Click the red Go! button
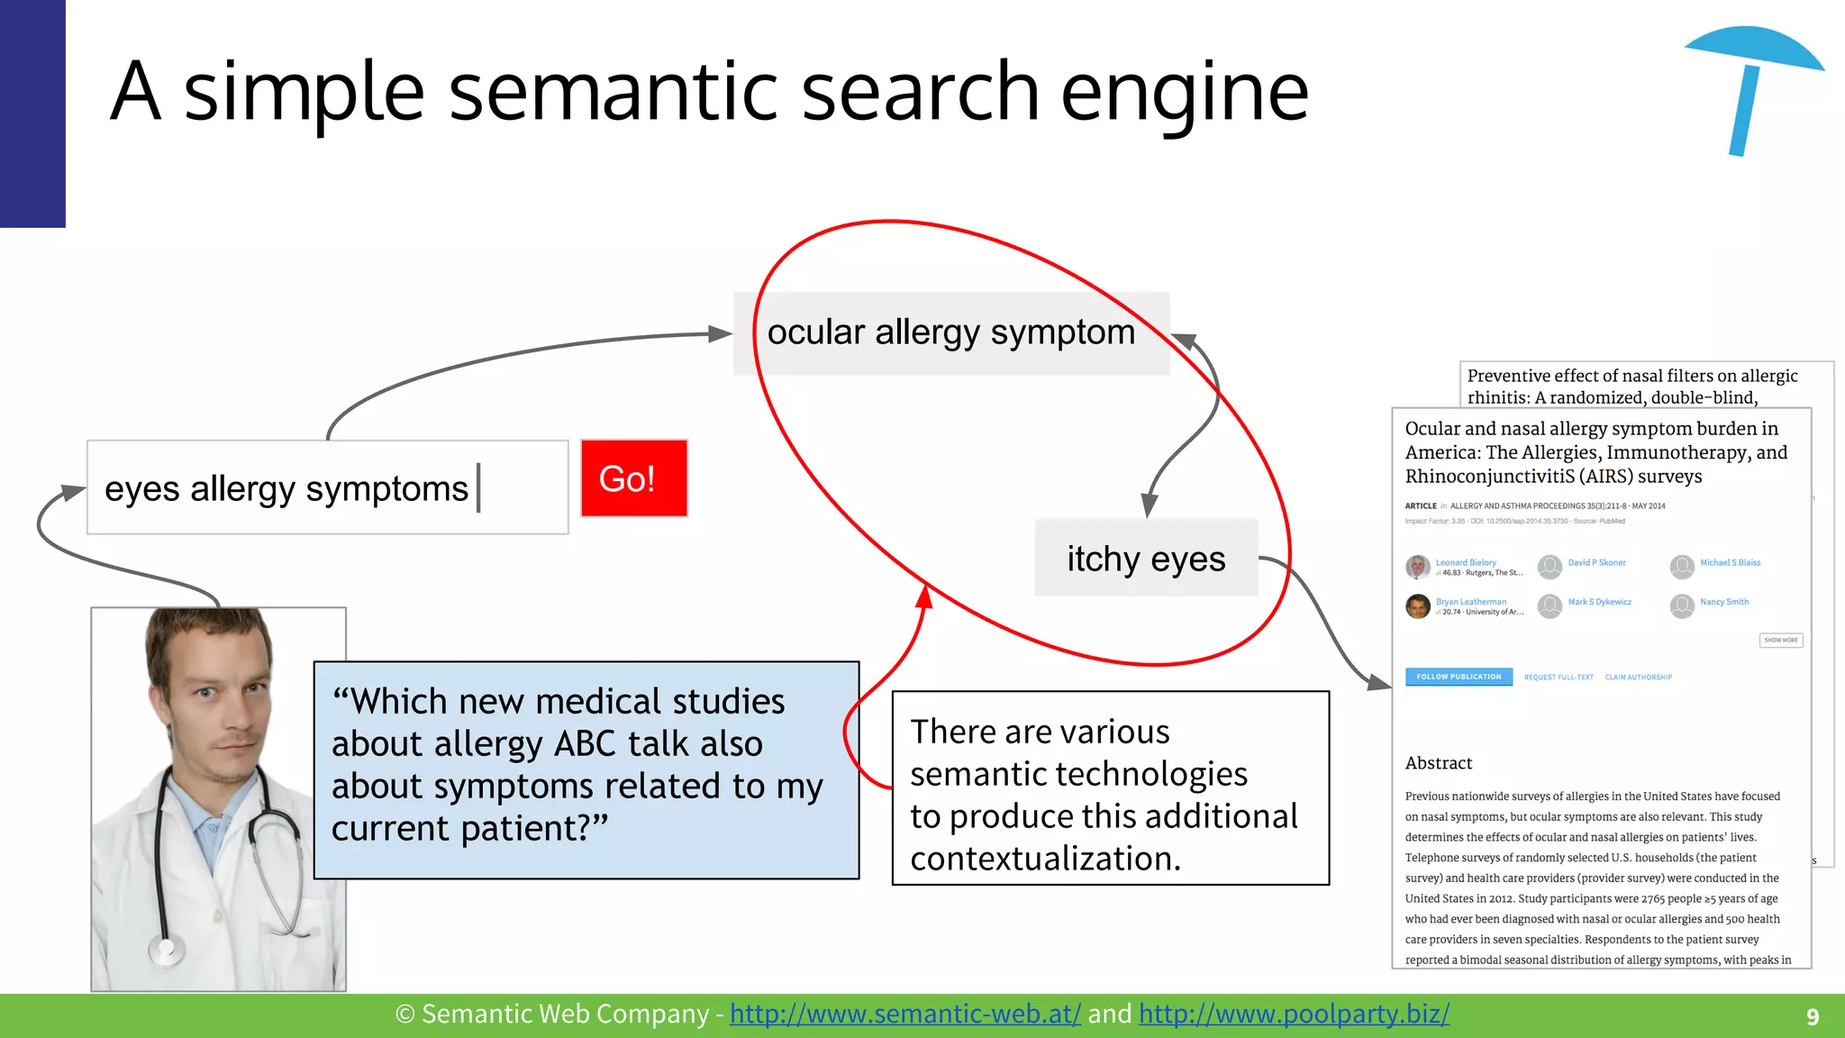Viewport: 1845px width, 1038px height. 633,478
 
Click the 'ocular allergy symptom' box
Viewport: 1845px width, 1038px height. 950,332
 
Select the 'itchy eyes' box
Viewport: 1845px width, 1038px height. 1146,559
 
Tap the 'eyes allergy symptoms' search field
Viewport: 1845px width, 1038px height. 327,487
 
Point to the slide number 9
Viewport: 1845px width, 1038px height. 1813,1016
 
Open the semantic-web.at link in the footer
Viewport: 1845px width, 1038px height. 904,1015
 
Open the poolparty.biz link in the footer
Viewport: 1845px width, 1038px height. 1294,1015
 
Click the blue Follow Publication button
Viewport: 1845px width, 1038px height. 1459,677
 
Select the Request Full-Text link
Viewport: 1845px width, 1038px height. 1559,678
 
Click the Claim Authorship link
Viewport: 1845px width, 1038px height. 1638,678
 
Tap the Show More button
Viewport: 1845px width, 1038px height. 1781,641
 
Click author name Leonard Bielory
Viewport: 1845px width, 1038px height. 1466,562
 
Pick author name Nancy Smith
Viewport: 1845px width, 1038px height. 1724,602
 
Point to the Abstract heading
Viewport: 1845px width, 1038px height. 1438,763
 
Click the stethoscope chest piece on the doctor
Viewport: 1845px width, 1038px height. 166,949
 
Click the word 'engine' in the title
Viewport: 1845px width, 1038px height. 1184,93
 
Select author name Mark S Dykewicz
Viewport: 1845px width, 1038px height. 1599,602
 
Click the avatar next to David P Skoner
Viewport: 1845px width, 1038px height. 1550,567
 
